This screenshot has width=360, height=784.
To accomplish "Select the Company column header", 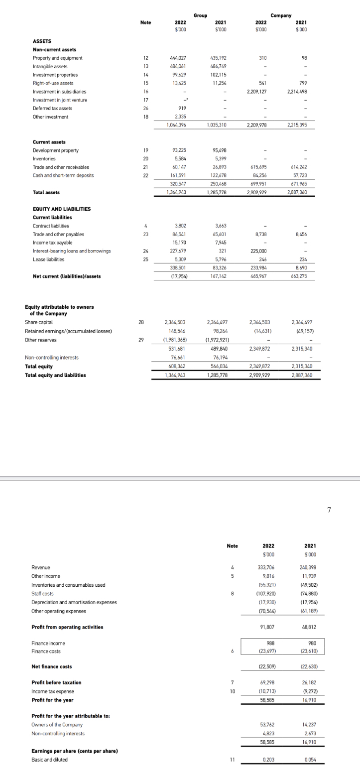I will click(x=281, y=15).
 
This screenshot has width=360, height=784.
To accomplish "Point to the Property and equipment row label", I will click(x=57, y=58).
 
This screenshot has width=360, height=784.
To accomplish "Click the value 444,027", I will click(x=178, y=58).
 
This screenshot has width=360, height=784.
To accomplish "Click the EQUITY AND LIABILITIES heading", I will click(x=62, y=209).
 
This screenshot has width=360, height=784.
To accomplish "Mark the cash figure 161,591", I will click(x=178, y=175).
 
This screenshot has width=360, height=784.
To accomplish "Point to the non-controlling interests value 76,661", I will click(x=178, y=357).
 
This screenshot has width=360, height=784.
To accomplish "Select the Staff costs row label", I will click(x=43, y=593).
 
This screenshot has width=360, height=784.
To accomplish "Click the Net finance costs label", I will click(x=49, y=666).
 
